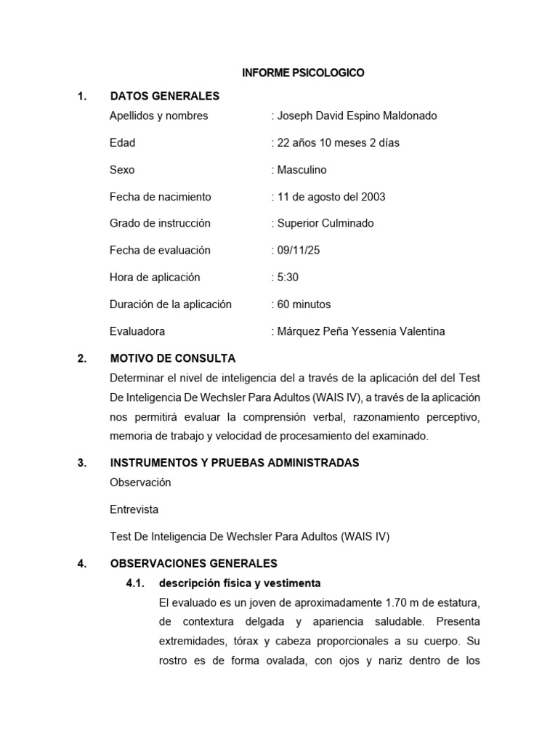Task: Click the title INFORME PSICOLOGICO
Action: coord(303,73)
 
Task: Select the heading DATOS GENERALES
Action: coord(164,96)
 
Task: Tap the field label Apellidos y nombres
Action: coord(158,116)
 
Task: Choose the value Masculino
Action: coord(302,169)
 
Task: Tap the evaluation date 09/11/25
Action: coord(298,250)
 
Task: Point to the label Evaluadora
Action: coord(137,331)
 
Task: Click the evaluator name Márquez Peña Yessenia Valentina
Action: coord(360,331)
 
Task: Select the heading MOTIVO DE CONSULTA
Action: coord(172,358)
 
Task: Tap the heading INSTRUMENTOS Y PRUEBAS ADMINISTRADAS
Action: coord(234,463)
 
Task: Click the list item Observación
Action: coord(140,482)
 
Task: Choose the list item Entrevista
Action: coord(134,509)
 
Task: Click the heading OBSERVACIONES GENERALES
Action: coord(193,563)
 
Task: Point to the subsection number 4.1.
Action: coord(136,583)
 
